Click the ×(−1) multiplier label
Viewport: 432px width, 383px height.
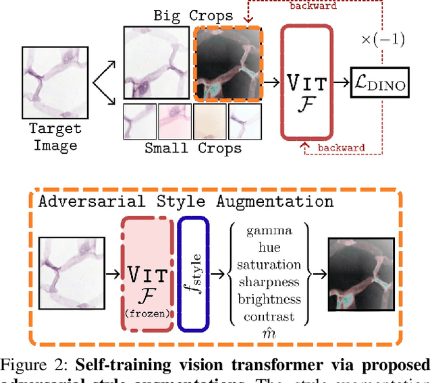[383, 39]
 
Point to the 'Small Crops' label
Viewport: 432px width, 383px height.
[193, 148]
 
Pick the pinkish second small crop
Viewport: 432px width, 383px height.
[174, 121]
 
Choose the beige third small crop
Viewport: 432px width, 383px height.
[209, 121]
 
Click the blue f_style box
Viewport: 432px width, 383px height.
[194, 274]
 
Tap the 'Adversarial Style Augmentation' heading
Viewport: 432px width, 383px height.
[186, 201]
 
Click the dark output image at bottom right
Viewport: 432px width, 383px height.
[361, 274]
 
